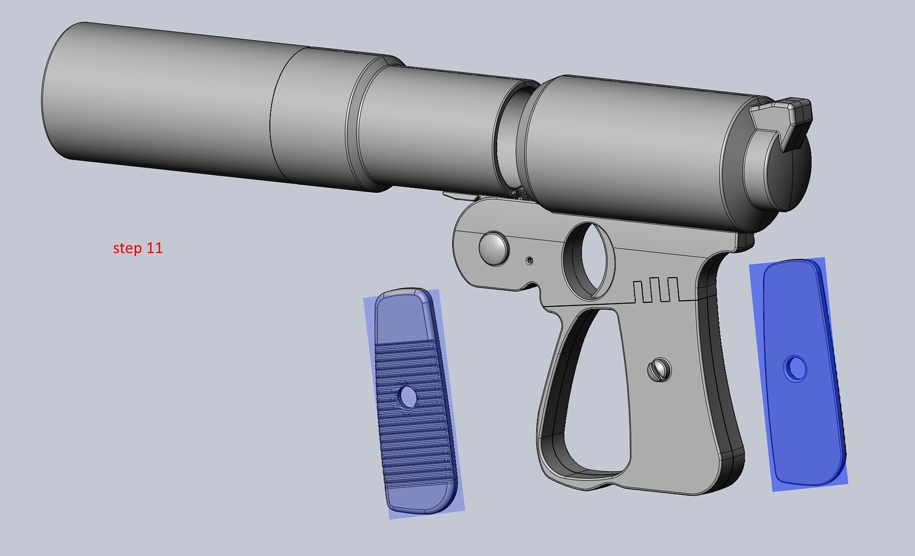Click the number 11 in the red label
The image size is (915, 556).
pyautogui.click(x=153, y=248)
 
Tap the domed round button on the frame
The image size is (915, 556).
pyautogui.click(x=494, y=248)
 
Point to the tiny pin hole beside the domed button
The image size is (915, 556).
pyautogui.click(x=530, y=260)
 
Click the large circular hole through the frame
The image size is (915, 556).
pyautogui.click(x=588, y=260)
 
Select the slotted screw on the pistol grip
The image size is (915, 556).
pyautogui.click(x=659, y=370)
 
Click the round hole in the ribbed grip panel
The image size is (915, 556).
pyautogui.click(x=407, y=396)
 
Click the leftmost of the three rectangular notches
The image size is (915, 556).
pyautogui.click(x=639, y=292)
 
